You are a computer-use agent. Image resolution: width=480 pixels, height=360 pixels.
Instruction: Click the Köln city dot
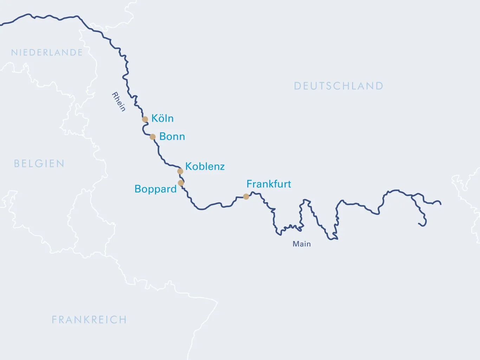145,119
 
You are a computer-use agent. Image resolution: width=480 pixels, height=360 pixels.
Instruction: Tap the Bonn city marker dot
153,137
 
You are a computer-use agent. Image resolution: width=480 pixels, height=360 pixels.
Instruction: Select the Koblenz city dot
180,171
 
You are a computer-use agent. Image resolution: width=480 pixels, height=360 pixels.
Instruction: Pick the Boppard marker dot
181,183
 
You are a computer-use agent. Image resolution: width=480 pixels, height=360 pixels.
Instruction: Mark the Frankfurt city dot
246,197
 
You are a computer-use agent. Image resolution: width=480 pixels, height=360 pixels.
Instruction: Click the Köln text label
162,118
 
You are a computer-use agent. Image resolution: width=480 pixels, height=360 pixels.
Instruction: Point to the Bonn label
172,136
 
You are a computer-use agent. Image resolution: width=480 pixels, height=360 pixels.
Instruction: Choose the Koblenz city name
205,166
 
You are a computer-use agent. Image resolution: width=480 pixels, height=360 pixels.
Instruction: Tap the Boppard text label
156,189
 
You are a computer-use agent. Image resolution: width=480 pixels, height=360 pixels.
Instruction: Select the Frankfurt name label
269,184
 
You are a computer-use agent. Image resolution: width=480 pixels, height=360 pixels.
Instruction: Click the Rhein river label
118,102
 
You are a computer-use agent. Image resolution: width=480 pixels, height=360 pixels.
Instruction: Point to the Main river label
301,244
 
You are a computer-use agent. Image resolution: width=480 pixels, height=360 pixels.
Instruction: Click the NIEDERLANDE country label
47,53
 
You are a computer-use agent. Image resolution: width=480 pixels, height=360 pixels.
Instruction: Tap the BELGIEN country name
39,163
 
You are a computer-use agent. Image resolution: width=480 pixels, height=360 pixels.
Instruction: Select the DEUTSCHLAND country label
338,86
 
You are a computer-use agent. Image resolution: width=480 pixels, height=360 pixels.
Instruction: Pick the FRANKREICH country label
89,320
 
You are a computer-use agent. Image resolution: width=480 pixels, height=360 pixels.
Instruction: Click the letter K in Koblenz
188,166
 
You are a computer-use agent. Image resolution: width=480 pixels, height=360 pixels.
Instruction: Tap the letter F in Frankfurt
249,184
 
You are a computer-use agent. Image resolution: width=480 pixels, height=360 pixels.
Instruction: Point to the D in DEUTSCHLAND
297,86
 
